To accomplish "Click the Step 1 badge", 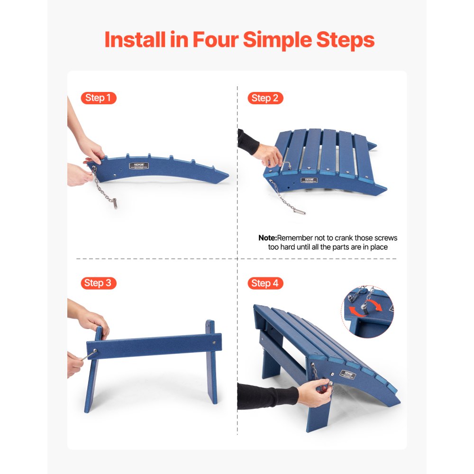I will point(98,98).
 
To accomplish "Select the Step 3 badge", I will point(98,283).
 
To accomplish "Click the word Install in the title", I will point(135,40).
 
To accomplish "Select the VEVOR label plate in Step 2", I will point(309,180).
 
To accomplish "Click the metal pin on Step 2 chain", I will point(299,210).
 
